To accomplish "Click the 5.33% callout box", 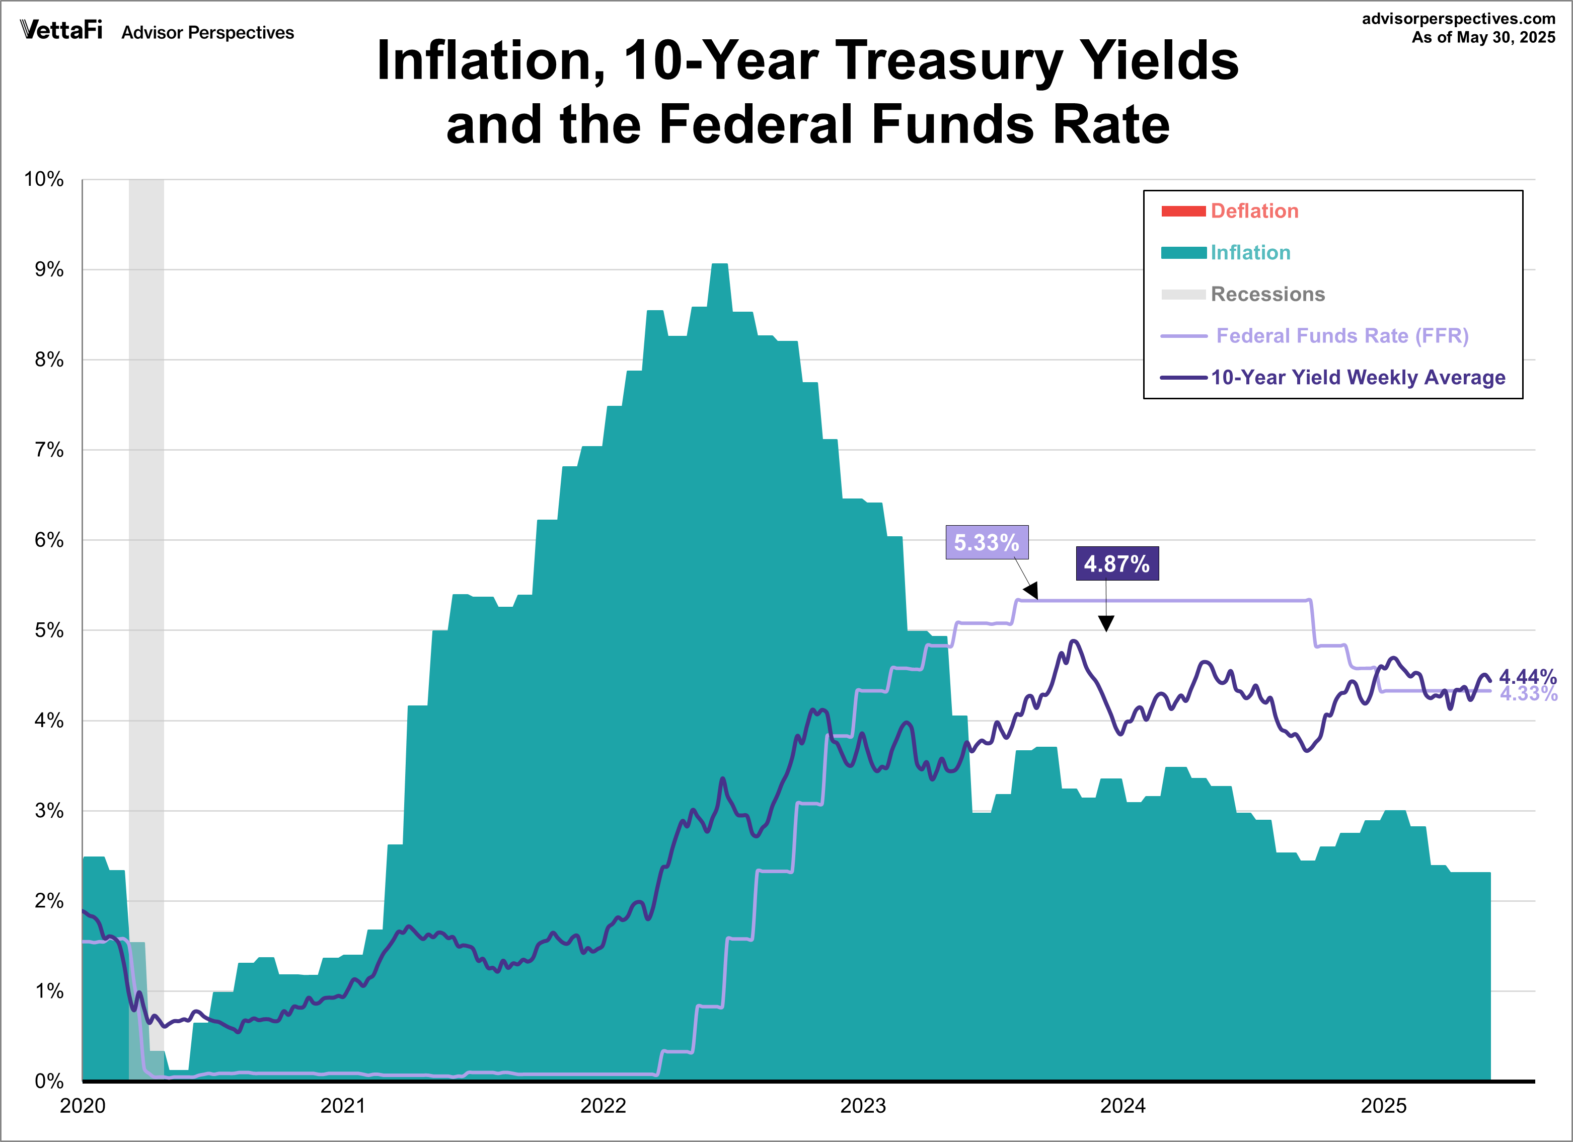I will tap(986, 543).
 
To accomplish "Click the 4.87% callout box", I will tap(1116, 564).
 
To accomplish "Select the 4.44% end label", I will tap(1527, 676).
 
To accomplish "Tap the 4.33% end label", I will tap(1528, 694).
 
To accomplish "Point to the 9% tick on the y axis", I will tap(48, 270).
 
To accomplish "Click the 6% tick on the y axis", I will tap(48, 540).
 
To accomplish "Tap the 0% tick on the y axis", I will tap(48, 1081).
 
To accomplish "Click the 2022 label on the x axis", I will tap(603, 1106).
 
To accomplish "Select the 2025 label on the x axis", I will tap(1383, 1106).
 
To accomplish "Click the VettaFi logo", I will tap(61, 31).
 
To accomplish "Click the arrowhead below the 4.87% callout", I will tap(1106, 624).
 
